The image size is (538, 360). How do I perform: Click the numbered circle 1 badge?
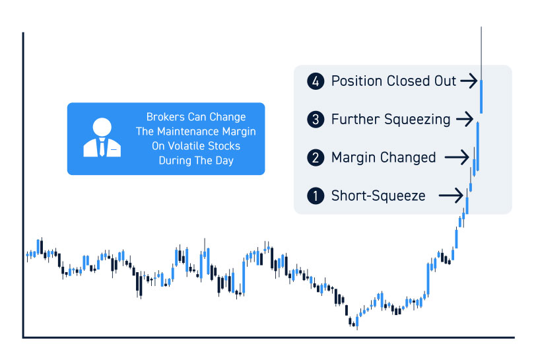tap(316, 196)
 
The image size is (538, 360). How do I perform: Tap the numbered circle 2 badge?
tap(316, 157)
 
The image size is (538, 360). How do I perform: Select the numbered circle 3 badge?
tap(316, 120)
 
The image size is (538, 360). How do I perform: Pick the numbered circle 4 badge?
tap(316, 81)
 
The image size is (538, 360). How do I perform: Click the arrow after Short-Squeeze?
tap(451, 196)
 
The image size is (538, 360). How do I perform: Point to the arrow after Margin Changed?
tap(457, 157)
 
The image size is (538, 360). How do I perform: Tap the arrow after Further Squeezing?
tap(465, 120)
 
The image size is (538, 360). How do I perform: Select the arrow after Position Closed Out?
tap(469, 81)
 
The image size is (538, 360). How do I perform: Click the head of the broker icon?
tap(102, 127)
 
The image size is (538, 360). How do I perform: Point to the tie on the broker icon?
tap(102, 147)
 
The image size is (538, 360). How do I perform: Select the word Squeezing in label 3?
tap(417, 120)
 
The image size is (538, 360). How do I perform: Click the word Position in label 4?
tap(357, 81)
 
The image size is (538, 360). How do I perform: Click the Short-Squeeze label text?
tap(378, 196)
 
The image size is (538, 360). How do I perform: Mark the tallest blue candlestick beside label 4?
tap(481, 96)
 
